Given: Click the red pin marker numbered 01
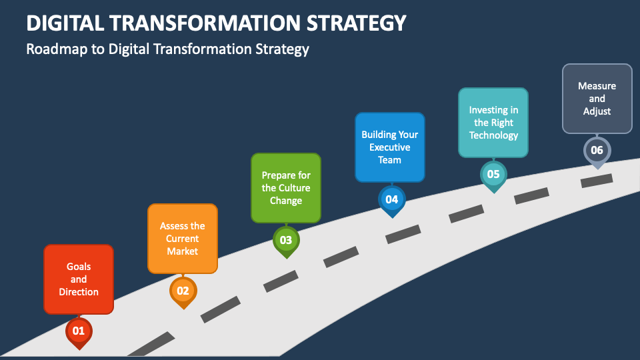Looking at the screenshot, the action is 79,331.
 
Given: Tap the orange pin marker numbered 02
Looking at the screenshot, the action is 183,291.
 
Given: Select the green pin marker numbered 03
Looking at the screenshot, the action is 286,241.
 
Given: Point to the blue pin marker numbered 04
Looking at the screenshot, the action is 392,200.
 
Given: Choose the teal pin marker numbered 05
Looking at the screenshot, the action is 493,175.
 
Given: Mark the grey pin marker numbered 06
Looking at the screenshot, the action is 597,151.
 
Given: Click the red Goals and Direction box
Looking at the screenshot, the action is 79,279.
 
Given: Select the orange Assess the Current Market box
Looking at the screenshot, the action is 183,239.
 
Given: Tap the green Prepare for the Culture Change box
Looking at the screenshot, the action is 286,188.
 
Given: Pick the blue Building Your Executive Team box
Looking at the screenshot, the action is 390,147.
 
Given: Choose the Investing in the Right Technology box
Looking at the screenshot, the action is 493,123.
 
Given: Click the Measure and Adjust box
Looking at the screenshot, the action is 597,99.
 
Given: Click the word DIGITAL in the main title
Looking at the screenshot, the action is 65,23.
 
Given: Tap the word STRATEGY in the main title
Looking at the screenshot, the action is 356,23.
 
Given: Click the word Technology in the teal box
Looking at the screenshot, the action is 493,135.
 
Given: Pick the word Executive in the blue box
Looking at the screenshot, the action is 390,147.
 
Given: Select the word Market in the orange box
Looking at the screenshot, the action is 183,251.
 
